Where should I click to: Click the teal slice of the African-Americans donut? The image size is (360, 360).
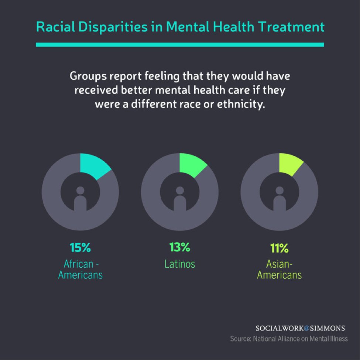point(93,166)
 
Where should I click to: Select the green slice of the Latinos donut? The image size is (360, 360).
point(192,165)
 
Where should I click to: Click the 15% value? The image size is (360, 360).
point(80,247)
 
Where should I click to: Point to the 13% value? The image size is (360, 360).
point(179,247)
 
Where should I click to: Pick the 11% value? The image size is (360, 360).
point(279,248)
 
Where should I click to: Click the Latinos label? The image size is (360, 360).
point(180,264)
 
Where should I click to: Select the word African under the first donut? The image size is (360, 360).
point(78,264)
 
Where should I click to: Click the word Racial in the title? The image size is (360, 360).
point(55,27)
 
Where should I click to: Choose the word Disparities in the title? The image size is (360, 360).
point(113,27)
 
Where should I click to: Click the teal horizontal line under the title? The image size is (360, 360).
point(180,45)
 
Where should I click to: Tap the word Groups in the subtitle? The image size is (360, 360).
point(88,76)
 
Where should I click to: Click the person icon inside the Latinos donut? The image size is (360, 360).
point(180,199)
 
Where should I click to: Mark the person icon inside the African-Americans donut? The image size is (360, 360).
point(80,199)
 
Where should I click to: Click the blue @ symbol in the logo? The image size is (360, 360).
point(307,328)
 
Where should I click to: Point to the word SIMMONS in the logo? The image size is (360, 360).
point(328,328)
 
